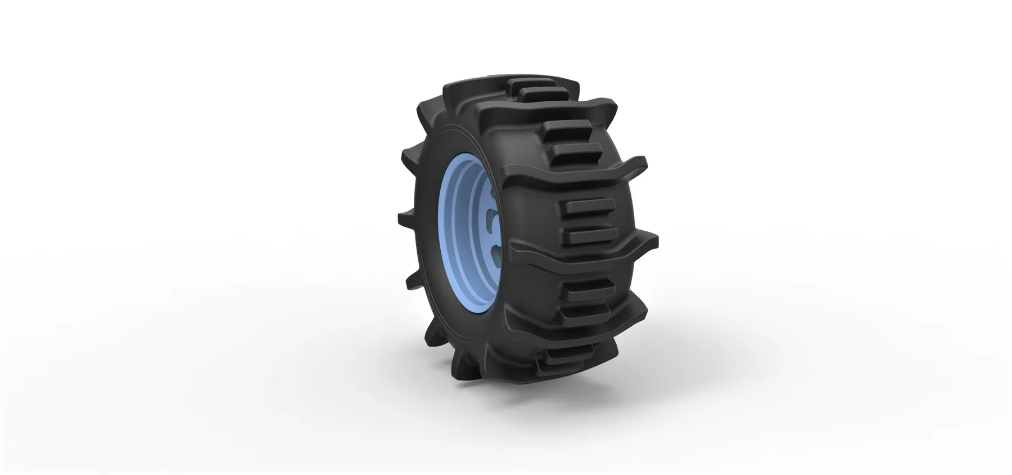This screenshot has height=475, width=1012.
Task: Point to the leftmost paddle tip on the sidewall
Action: pyautogui.click(x=400, y=217)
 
